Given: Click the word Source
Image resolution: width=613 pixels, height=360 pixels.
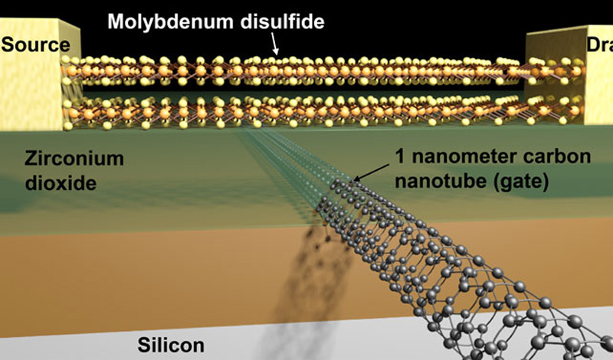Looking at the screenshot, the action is coord(35,45).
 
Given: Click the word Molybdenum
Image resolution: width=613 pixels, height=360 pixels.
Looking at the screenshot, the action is coord(170,21).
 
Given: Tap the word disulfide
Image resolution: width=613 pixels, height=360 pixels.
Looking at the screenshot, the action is coord(282,21).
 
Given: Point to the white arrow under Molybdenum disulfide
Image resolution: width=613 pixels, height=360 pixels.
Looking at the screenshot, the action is coord(275,44).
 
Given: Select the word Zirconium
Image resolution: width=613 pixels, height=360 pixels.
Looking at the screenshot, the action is coord(74,159).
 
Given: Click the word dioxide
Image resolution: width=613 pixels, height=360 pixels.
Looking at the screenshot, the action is coord(61,183).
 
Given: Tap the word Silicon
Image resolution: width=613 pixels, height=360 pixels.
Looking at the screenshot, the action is coord(171,345).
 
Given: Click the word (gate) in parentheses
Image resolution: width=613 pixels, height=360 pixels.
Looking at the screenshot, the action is coord(520,182).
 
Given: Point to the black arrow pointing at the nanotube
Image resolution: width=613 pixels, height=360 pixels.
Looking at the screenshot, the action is coord(371,172).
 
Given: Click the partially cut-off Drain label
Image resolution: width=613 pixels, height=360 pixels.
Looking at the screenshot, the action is coord(600,45).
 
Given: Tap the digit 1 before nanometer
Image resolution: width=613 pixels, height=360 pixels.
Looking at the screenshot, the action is coord(401,156).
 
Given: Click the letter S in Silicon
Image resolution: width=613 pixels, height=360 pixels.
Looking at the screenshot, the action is coord(144,346).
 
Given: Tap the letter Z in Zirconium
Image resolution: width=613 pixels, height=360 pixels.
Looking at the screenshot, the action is coord(31,159).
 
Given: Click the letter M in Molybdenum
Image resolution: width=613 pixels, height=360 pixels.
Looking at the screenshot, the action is coord(116,21).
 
